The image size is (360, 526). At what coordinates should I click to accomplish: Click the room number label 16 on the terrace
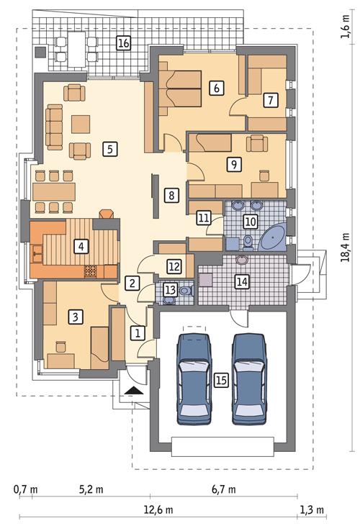pyautogui.click(x=123, y=43)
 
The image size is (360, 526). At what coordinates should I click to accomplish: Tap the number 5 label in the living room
pyautogui.click(x=109, y=149)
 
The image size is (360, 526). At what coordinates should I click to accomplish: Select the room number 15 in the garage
pyautogui.click(x=221, y=379)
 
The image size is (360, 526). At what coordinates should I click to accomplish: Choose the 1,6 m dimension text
pyautogui.click(x=345, y=27)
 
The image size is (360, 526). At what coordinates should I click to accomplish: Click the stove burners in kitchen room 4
pyautogui.click(x=91, y=272)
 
